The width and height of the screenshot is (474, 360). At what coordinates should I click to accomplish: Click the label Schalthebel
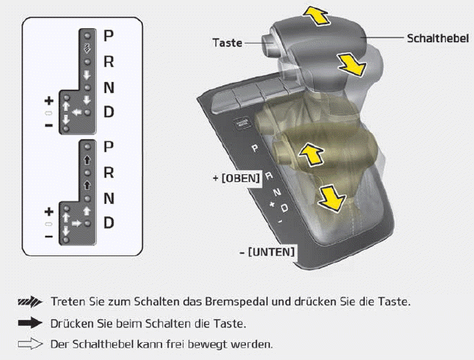point(438,39)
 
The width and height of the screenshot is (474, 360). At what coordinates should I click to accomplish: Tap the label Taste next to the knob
point(227,43)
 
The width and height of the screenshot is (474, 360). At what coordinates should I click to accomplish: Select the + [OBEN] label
point(237,178)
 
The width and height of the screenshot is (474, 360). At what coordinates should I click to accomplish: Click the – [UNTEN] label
point(267,251)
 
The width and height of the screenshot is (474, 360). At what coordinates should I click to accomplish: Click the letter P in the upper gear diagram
point(109,36)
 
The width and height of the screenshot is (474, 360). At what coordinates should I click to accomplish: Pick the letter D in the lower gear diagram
point(109,223)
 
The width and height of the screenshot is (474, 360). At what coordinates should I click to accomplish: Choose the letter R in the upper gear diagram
point(109,62)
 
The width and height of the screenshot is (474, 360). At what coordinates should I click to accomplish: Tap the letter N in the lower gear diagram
point(109,198)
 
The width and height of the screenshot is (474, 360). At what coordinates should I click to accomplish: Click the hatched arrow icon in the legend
point(30,301)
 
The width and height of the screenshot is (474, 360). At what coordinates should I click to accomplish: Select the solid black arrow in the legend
point(30,323)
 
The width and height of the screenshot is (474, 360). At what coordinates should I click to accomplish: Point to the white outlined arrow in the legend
point(30,344)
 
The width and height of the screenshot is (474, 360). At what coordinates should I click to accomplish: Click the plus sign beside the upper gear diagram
point(49,101)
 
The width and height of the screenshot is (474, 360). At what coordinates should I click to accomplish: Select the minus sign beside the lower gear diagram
point(49,237)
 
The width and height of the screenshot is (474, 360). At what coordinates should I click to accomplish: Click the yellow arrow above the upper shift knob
point(316,16)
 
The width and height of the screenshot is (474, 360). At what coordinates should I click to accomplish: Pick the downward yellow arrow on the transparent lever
point(331,198)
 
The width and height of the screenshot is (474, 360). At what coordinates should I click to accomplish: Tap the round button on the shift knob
point(269,44)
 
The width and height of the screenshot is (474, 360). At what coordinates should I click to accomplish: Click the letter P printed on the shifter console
point(255,148)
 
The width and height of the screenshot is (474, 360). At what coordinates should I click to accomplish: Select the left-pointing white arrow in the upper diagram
point(77,112)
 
